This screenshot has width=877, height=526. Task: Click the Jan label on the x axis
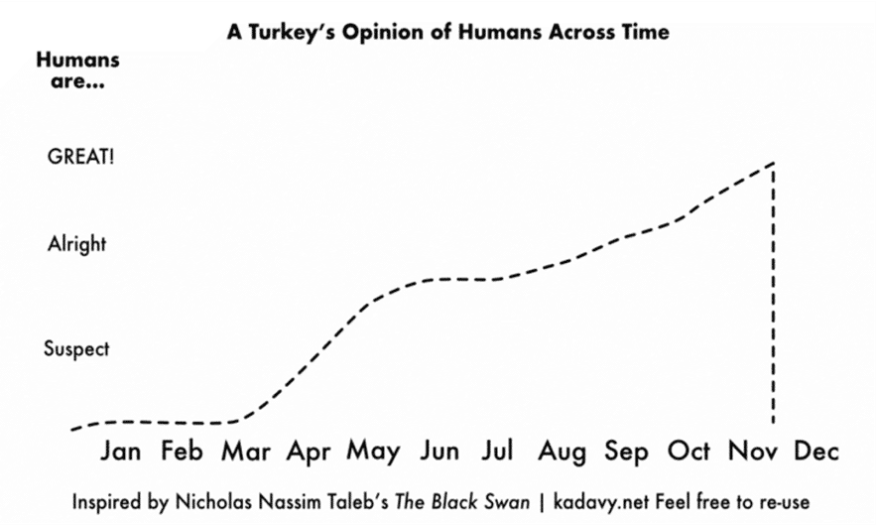point(121,452)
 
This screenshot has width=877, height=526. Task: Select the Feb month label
point(182,452)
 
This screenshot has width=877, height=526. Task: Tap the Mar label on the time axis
point(245,452)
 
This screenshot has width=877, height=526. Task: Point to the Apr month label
point(309,453)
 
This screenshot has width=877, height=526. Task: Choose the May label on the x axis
point(373,453)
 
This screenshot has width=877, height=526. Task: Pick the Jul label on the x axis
point(496,452)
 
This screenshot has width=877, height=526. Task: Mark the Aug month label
point(563,453)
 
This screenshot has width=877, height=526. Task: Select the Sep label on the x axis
point(626,453)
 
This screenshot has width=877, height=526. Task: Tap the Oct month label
point(689,452)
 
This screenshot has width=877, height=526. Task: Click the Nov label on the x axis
point(754,452)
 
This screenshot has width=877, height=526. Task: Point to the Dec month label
point(816,452)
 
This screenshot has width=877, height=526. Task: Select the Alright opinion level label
point(76,244)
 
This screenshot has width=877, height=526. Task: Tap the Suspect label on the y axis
point(76,349)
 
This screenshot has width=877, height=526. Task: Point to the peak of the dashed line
point(772,163)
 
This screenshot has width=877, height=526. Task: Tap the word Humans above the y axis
point(77,60)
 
